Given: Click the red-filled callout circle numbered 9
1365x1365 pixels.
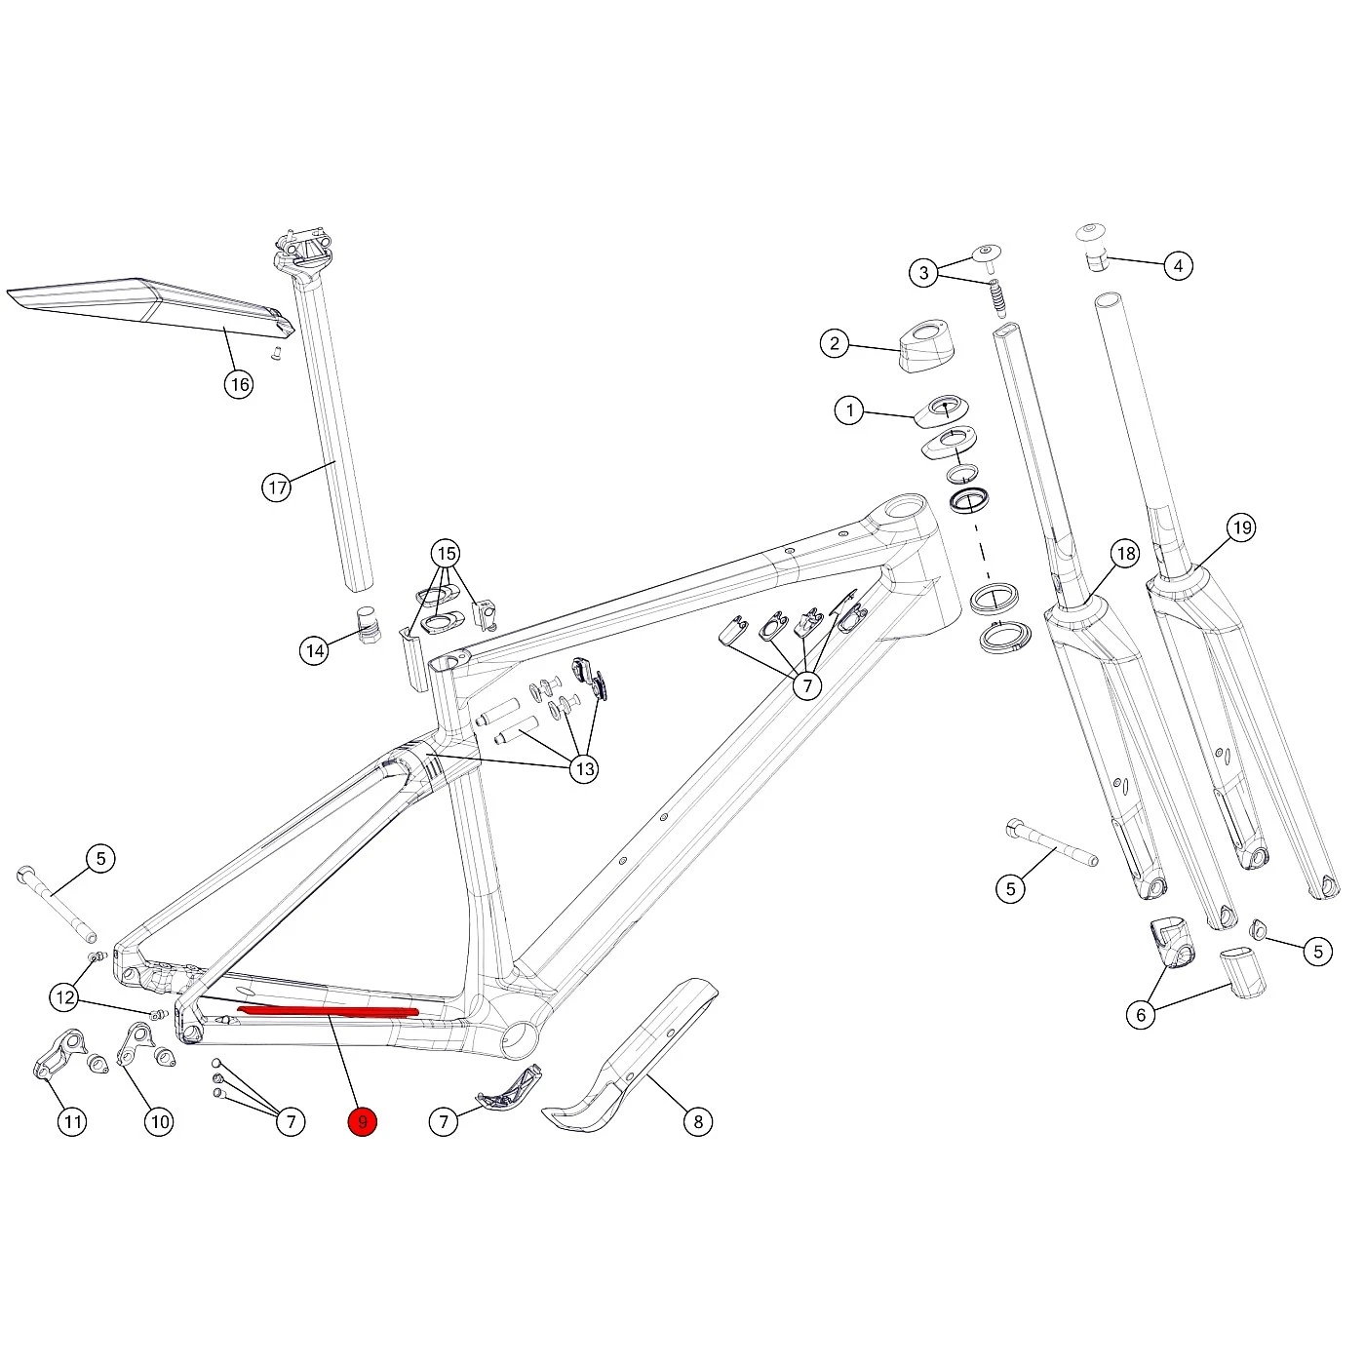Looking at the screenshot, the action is (x=363, y=1121).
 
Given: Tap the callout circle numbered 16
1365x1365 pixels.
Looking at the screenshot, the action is (x=240, y=384).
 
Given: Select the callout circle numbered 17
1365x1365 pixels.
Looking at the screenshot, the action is (x=277, y=487).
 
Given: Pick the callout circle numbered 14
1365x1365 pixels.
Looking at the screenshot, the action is (x=315, y=650).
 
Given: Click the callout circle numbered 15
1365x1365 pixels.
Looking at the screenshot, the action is (x=446, y=553).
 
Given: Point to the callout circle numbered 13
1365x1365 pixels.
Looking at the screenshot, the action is (x=584, y=768).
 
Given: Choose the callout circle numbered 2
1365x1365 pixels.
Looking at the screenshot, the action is (x=835, y=343).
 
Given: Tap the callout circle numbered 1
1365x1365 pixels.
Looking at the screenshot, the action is (x=850, y=410).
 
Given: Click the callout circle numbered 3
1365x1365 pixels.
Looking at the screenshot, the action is (x=923, y=273).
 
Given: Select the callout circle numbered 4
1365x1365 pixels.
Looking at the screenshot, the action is (x=1178, y=265).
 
